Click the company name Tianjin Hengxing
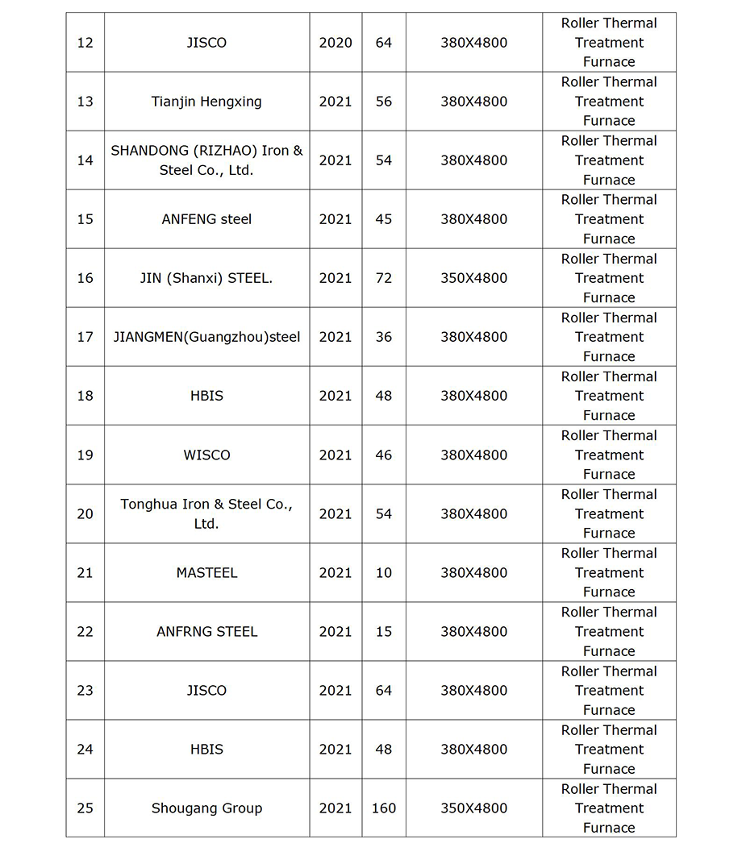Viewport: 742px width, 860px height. [x=206, y=102]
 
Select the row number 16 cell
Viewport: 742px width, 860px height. [x=85, y=278]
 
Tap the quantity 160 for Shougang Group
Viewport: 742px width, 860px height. [x=383, y=808]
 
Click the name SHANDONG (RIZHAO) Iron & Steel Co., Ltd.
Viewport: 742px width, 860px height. [x=206, y=160]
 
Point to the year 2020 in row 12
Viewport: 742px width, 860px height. [x=336, y=43]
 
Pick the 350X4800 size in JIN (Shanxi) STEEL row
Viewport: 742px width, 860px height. [x=473, y=278]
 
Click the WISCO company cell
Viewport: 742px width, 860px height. [x=206, y=455]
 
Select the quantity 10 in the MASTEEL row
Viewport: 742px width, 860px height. [x=383, y=572]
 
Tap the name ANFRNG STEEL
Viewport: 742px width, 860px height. [x=206, y=631]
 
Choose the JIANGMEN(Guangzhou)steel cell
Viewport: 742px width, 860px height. [x=206, y=337]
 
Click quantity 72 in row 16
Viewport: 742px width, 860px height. [x=383, y=278]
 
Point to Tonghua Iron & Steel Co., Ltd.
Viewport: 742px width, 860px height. [x=206, y=513]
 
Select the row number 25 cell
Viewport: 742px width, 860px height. [x=85, y=808]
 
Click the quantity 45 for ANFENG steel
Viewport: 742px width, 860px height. [x=383, y=219]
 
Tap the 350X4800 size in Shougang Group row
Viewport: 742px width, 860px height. [x=473, y=808]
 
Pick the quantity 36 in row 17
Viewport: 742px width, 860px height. [x=383, y=337]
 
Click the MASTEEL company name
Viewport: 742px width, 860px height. [x=206, y=572]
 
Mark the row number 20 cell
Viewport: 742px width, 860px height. [x=85, y=513]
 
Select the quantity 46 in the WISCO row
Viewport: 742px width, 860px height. [x=383, y=455]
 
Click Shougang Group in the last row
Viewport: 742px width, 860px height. [x=206, y=808]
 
